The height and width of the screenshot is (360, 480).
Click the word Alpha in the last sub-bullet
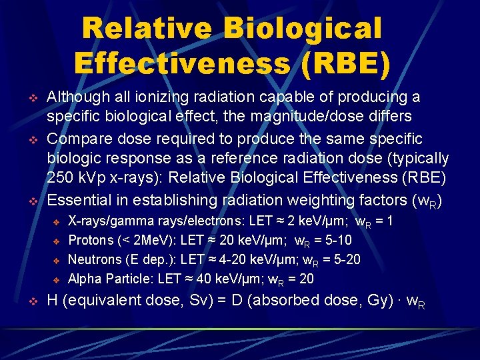[84, 279]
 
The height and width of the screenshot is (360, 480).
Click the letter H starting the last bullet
[53, 301]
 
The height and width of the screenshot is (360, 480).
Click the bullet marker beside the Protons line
[57, 241]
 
